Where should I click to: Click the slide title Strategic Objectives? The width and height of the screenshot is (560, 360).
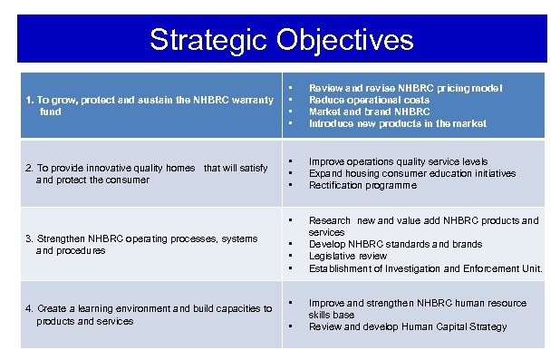click(x=281, y=39)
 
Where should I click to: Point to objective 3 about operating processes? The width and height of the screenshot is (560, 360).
click(x=140, y=244)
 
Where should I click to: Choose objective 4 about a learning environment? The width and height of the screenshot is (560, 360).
click(x=149, y=315)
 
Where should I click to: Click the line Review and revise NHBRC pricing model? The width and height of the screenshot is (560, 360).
click(x=405, y=88)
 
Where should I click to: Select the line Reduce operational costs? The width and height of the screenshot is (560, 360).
click(x=369, y=100)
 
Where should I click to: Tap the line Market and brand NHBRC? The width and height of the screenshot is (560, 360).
click(x=369, y=112)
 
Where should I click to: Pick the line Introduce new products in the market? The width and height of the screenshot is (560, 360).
click(x=397, y=123)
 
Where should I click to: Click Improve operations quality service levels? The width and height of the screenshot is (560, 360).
click(x=398, y=161)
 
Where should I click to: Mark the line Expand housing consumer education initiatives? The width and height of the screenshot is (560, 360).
click(x=411, y=173)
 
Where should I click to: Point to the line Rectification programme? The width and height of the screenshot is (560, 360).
click(x=362, y=185)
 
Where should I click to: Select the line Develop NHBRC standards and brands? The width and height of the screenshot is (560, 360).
click(x=395, y=244)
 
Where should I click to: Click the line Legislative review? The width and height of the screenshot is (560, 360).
click(x=350, y=256)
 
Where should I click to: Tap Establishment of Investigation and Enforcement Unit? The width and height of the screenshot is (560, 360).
click(x=425, y=268)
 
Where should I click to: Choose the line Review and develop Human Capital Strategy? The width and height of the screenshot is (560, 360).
click(x=408, y=326)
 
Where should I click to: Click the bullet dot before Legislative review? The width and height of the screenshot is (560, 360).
click(x=290, y=256)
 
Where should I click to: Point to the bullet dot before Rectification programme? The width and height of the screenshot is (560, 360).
click(x=290, y=185)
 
